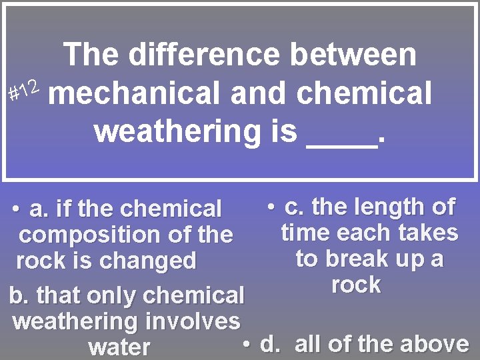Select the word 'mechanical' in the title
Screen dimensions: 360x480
point(134,93)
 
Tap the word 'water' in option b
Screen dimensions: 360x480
point(119,347)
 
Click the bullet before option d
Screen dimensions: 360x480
point(246,343)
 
